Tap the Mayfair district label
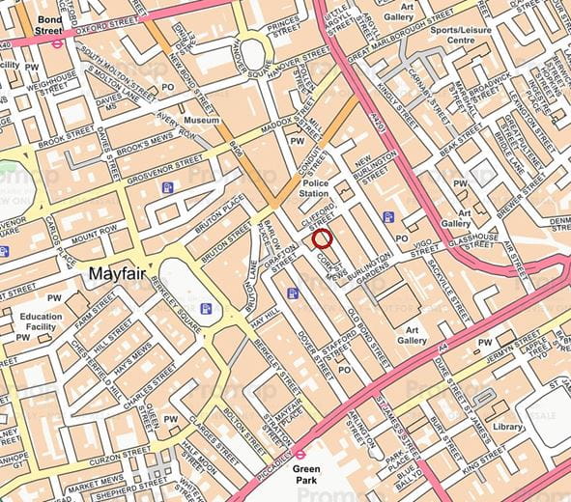(x=117, y=274)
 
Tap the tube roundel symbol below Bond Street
(x=58, y=42)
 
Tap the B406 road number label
(x=236, y=150)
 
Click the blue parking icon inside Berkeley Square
(x=206, y=309)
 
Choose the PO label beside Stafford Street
(x=342, y=370)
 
